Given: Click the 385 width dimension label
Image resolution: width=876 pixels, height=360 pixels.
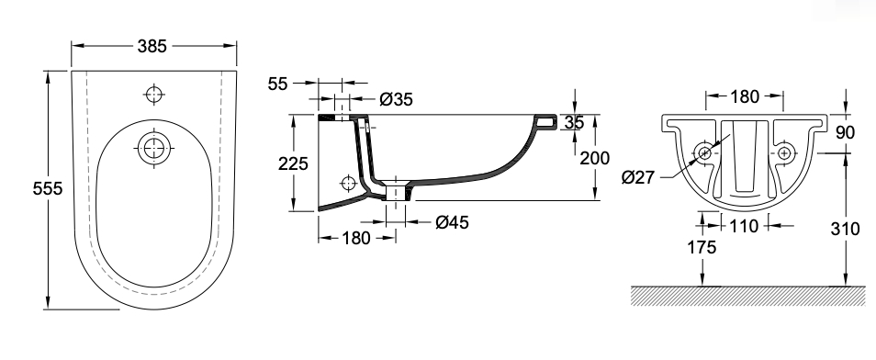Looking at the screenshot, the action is click(x=152, y=46).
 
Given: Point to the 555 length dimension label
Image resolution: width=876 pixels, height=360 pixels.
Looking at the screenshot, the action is click(x=48, y=189).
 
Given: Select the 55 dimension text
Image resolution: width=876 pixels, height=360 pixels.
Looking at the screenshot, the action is click(x=277, y=84).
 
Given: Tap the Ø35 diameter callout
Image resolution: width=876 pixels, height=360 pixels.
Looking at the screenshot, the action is click(x=396, y=99).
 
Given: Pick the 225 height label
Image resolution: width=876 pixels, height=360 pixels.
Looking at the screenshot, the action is click(x=293, y=163).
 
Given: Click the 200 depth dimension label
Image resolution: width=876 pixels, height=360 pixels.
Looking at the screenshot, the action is click(x=594, y=158).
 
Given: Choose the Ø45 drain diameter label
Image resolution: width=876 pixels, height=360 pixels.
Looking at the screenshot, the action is click(x=452, y=222).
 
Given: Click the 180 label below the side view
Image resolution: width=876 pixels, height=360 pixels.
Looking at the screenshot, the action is click(x=356, y=238).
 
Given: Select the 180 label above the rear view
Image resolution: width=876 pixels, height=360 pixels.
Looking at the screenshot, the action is click(x=745, y=96).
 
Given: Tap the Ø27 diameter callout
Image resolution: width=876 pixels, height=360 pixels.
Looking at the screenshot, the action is click(x=637, y=178).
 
